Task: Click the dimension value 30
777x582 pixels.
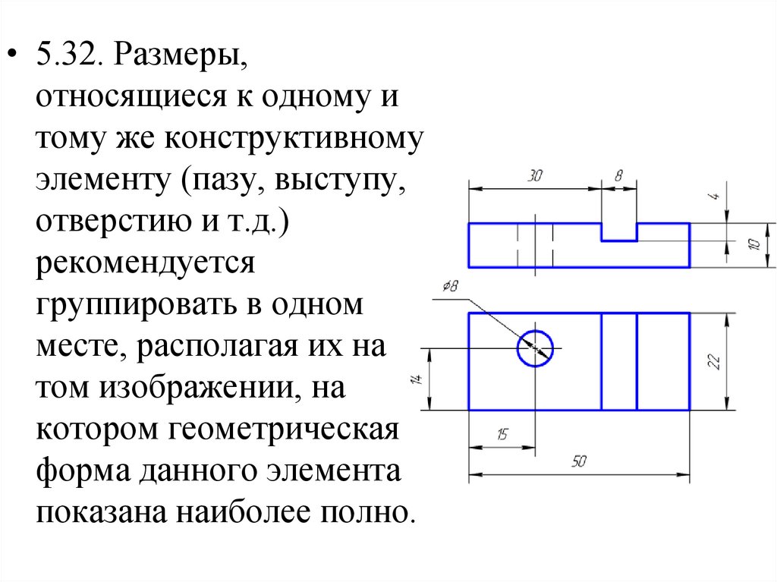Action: click(536, 176)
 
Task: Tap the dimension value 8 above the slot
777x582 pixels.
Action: click(618, 176)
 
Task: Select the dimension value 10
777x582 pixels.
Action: click(753, 244)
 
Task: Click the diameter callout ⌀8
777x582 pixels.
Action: click(449, 288)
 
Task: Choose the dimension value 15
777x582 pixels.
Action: click(502, 434)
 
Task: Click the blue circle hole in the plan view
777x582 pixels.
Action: click(536, 348)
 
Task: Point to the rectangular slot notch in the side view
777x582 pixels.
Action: click(619, 231)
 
